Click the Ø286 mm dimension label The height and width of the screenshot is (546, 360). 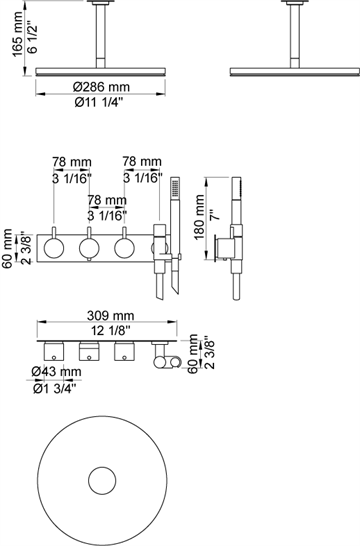pos(101,86)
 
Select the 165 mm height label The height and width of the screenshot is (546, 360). pos(18,34)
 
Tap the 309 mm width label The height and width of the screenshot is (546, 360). pos(110,315)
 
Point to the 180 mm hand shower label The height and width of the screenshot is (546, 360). pos(199,217)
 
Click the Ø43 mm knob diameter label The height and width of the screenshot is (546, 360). pos(56,372)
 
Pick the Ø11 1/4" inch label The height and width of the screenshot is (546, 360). pos(99,103)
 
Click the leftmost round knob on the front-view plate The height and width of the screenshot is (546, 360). pos(54,248)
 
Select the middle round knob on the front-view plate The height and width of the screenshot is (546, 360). pos(89,248)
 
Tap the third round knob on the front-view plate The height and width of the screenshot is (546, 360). pos(124,248)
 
